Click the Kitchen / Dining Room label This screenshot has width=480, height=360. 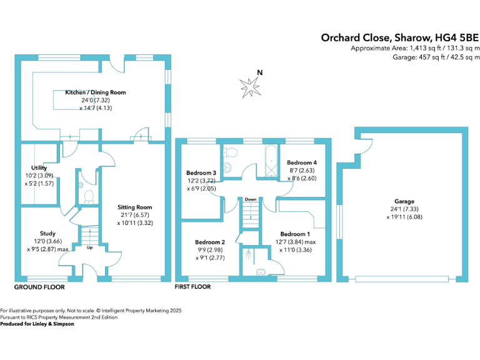(96, 92)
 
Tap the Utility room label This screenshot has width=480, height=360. (31, 168)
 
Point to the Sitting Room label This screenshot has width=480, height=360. (135, 207)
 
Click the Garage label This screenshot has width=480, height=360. (404, 201)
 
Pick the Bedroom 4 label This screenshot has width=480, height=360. (297, 162)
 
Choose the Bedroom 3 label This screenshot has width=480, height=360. (201, 172)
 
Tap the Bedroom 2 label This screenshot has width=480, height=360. (210, 242)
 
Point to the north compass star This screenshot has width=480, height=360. (251, 87)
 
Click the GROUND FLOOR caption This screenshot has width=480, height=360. (39, 287)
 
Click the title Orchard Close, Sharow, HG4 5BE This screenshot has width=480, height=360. (401, 37)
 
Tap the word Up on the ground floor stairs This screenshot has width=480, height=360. (89, 247)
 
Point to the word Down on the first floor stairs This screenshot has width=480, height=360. (251, 199)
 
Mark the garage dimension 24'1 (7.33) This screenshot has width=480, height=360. (404, 209)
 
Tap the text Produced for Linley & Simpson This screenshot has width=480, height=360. (37, 324)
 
